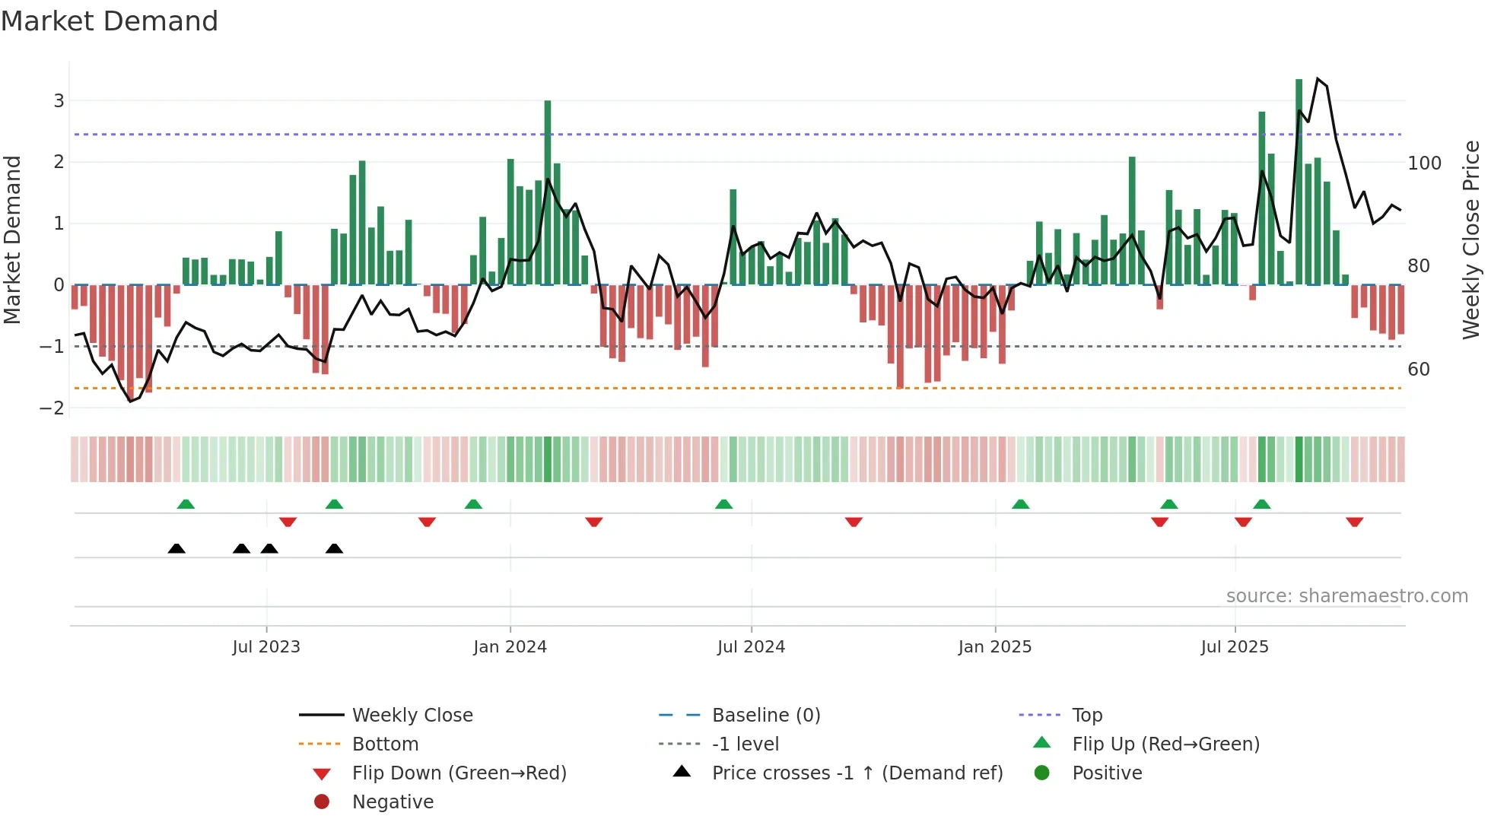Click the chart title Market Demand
point(110,21)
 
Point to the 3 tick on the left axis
point(58,100)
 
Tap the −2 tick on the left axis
point(52,408)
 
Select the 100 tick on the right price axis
point(1424,163)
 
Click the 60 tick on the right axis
point(1419,370)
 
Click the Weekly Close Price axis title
point(1471,240)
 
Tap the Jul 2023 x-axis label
point(266,647)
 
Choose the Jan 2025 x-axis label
point(994,647)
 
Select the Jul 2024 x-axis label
point(751,647)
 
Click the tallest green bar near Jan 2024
point(548,190)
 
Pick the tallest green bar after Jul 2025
point(1299,183)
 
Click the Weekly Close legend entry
point(412,716)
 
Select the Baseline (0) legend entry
point(765,716)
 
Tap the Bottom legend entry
point(385,744)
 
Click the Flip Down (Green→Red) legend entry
point(459,773)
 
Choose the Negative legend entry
point(393,802)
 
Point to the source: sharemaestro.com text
point(1346,596)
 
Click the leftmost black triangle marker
point(176,549)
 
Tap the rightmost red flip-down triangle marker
point(1354,522)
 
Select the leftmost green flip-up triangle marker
point(186,504)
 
